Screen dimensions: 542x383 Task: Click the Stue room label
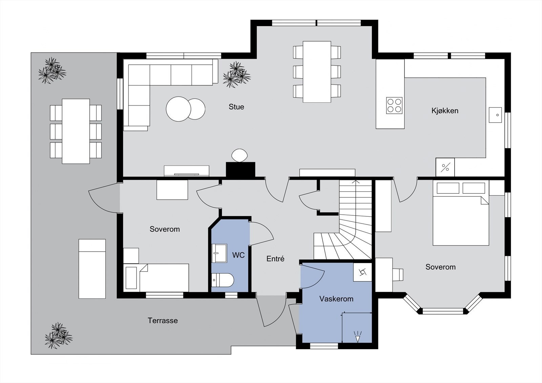(236, 107)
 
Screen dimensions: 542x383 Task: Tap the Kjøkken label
(445, 111)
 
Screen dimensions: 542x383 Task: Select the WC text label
(238, 255)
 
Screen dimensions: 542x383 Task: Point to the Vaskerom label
(336, 299)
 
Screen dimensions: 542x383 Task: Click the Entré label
(275, 259)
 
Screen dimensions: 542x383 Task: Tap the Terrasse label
(163, 321)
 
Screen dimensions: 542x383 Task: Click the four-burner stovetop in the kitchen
(394, 105)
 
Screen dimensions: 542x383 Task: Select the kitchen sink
(495, 115)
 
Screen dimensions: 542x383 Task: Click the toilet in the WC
(223, 280)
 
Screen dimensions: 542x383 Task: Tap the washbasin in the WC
(219, 253)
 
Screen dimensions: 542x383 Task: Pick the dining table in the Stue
(317, 71)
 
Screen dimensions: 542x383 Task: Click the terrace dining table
(76, 131)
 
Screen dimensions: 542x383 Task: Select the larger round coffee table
(179, 109)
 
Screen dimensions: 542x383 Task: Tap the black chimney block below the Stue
(241, 170)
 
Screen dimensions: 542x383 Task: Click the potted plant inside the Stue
(237, 74)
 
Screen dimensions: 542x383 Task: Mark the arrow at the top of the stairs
(355, 182)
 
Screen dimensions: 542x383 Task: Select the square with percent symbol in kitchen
(445, 167)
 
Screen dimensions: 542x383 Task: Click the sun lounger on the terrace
(92, 269)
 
